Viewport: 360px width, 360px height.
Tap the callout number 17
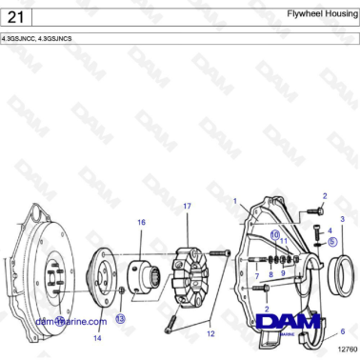[187, 206]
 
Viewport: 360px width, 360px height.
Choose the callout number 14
[97, 337]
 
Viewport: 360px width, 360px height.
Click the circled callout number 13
[120, 319]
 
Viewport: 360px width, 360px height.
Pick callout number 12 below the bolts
[210, 333]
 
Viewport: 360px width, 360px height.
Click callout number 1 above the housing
[234, 202]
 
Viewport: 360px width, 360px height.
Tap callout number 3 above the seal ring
[342, 219]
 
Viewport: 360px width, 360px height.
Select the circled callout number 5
[333, 242]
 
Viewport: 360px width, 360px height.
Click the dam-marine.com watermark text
[70, 322]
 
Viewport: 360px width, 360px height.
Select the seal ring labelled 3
[341, 276]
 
